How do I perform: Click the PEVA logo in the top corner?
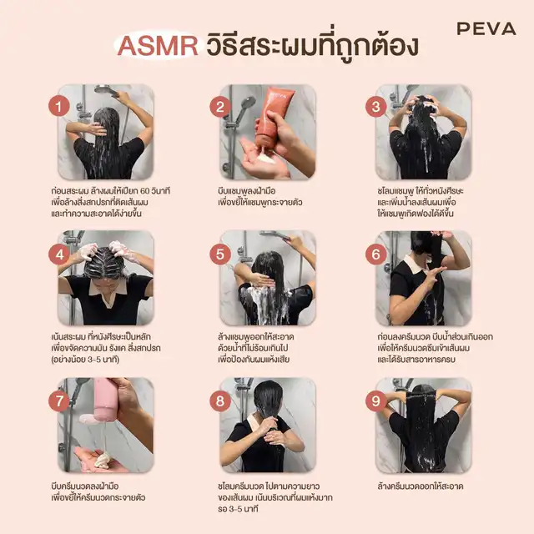pos(486,28)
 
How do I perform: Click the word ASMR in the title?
pos(158,46)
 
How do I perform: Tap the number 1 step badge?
pos(59,106)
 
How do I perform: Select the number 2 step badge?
pos(220,107)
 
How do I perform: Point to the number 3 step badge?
pos(376,107)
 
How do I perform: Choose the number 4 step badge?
pos(59,254)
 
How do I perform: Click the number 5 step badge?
pos(220,254)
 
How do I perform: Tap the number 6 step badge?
pos(376,254)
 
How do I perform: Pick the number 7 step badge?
pos(59,400)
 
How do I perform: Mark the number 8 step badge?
pos(220,400)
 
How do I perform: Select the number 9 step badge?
pos(376,400)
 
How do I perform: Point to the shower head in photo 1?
pos(106,91)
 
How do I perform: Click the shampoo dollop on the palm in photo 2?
pos(268,158)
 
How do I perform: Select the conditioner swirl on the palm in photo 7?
pos(102,460)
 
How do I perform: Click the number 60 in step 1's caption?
pos(144,191)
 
